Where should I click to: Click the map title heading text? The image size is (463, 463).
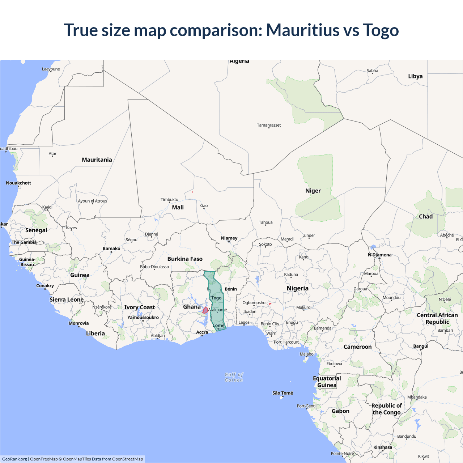[231, 30]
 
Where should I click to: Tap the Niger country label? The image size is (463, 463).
[313, 191]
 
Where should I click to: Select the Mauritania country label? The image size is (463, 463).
[97, 160]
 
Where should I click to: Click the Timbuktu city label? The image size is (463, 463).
[169, 200]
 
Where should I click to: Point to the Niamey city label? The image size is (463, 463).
[229, 238]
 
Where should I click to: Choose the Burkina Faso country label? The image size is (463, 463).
[185, 259]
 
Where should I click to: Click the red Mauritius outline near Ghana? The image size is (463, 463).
[205, 310]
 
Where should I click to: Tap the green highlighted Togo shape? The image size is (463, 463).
[217, 307]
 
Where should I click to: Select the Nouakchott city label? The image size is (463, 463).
[18, 183]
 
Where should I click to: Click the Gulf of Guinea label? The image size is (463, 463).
[234, 377]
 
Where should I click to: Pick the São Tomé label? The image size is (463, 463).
[283, 393]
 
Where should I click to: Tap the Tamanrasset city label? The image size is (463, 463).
[269, 125]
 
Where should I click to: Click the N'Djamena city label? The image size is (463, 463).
[379, 255]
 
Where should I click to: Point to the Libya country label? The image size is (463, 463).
[415, 76]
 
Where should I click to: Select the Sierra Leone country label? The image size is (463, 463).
[67, 300]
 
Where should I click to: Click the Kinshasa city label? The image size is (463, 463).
[383, 447]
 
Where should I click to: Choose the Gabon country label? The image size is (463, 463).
[340, 411]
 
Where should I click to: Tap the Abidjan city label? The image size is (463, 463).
[158, 336]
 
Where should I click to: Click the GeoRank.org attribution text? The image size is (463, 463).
[14, 459]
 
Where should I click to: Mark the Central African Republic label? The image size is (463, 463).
[437, 318]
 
